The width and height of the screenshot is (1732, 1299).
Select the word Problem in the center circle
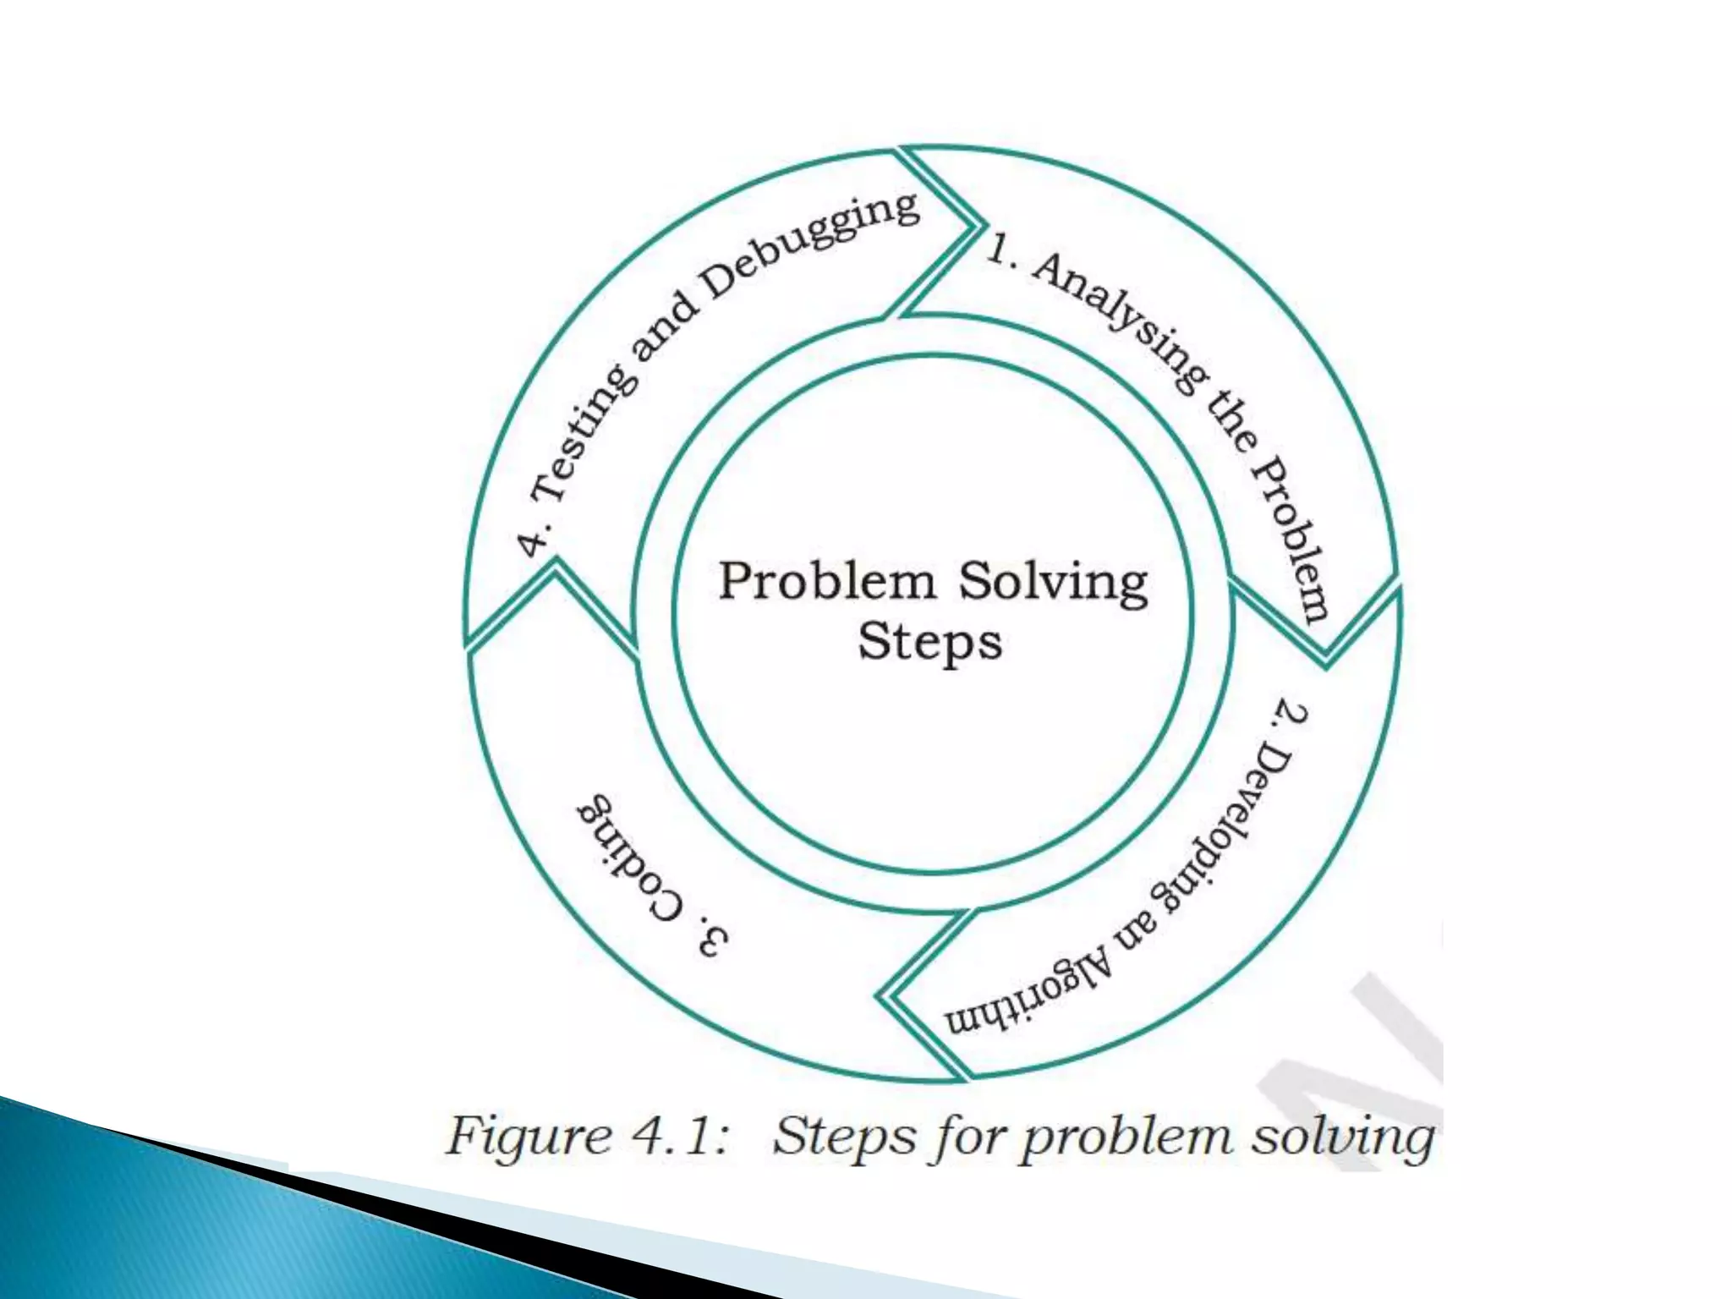(827, 582)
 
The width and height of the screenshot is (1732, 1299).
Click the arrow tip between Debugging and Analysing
(981, 225)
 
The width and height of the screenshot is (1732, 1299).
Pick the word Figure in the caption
(529, 1137)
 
